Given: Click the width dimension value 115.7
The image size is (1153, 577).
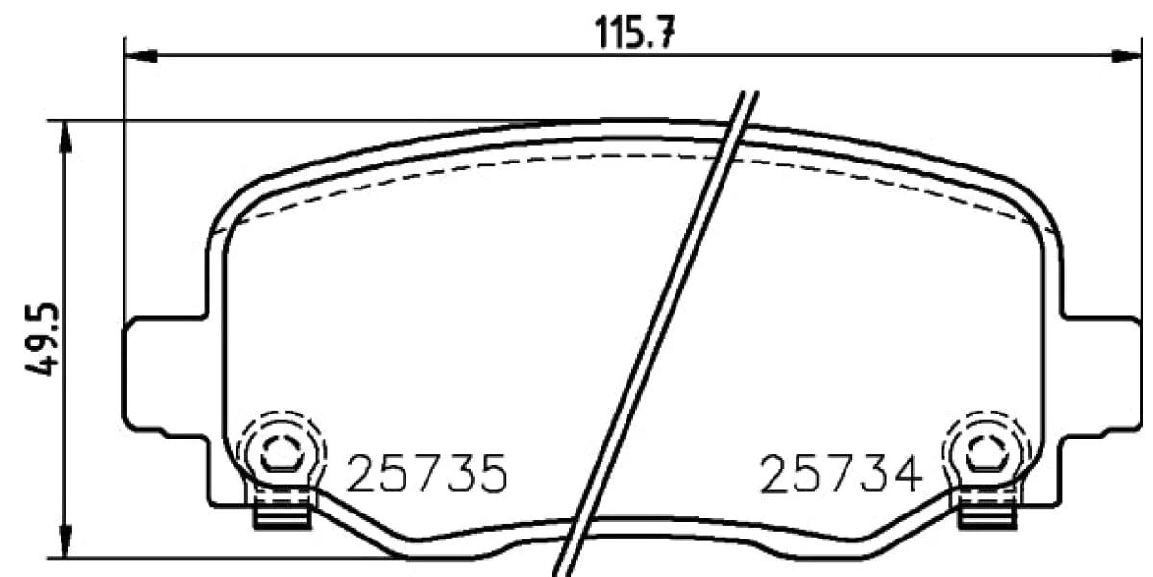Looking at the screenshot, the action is pyautogui.click(x=634, y=33).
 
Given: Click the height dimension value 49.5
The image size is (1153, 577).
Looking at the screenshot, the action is pyautogui.click(x=42, y=339).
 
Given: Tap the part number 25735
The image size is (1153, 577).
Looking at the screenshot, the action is pyautogui.click(x=428, y=473).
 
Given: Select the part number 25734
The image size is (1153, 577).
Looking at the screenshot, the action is pyautogui.click(x=841, y=473).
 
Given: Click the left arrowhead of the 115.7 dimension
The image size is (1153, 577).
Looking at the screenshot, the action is pyautogui.click(x=140, y=55).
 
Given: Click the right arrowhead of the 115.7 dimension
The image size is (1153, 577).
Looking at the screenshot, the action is pyautogui.click(x=1126, y=55).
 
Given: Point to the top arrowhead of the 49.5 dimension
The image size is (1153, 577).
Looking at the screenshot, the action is pyautogui.click(x=65, y=137).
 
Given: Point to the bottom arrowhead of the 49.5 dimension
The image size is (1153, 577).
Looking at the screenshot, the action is pyautogui.click(x=65, y=541).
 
